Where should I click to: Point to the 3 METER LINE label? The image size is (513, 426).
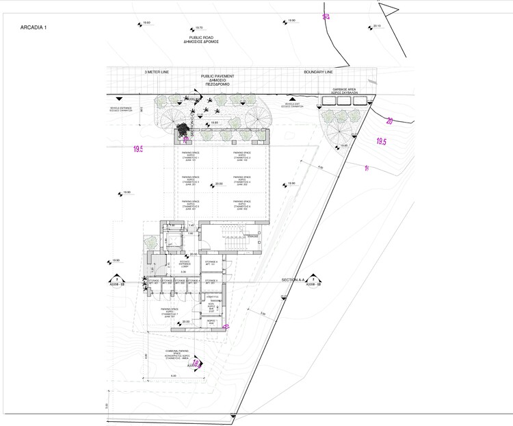click(x=157, y=71)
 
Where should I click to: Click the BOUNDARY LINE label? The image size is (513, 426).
click(x=319, y=71)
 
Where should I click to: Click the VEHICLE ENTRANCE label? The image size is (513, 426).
click(x=124, y=109)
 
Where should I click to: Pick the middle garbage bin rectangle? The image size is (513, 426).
click(x=342, y=101)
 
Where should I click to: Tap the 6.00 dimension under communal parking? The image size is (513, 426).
click(x=173, y=376)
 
